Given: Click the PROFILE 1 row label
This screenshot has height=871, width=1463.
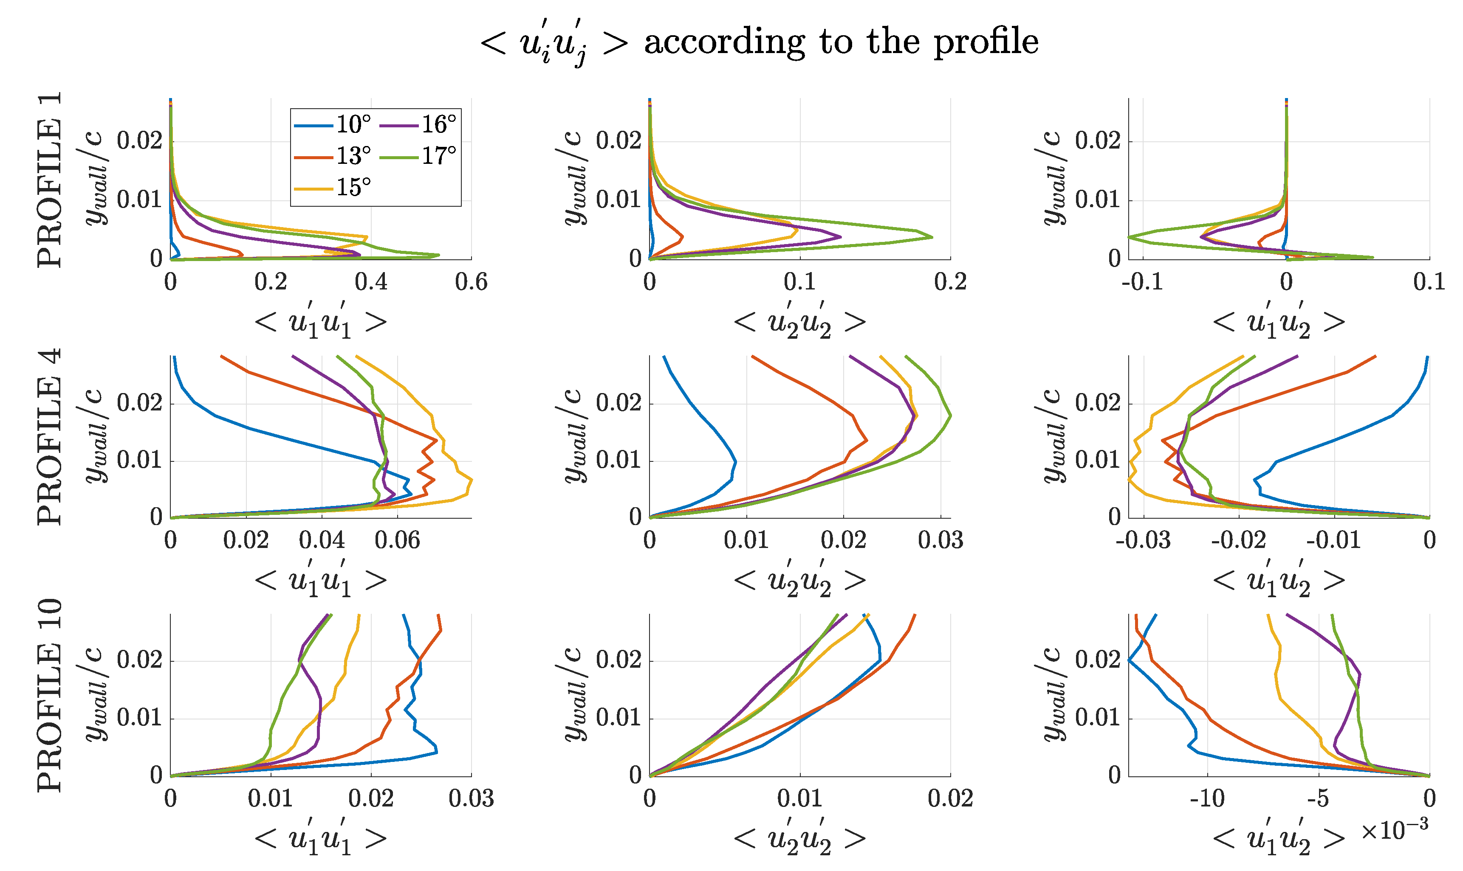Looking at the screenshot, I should click(x=49, y=180).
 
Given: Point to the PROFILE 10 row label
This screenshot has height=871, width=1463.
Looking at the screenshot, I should click(x=49, y=696).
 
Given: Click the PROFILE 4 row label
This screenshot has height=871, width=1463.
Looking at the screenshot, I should click(x=49, y=437).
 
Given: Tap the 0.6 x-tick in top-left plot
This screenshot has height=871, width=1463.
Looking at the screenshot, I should click(x=471, y=282).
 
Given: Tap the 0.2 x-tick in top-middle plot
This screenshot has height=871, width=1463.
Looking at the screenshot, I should click(x=950, y=282).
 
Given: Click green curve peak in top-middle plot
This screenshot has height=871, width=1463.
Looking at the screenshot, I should click(x=932, y=237).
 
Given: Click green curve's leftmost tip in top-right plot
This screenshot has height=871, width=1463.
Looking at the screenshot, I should click(x=1129, y=237).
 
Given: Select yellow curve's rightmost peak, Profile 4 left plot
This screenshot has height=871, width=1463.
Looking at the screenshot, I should click(x=472, y=481).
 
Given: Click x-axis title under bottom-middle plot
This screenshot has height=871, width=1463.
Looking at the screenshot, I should click(x=799, y=839).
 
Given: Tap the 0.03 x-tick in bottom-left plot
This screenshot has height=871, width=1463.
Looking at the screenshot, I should click(x=471, y=799).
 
